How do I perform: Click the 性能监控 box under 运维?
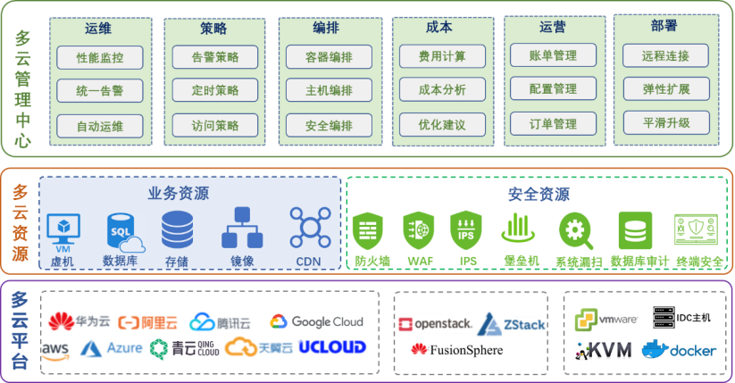[x=99, y=58]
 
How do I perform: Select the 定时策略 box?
[x=214, y=91]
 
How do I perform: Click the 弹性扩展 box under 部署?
[x=665, y=89]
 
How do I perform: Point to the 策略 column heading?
[x=214, y=29]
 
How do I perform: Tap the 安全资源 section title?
[x=539, y=193]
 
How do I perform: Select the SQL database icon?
[x=123, y=231]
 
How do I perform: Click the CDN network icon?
[x=308, y=229]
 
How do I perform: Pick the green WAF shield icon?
[x=418, y=230]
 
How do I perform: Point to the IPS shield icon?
[x=466, y=230]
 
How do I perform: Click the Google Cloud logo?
[x=316, y=321]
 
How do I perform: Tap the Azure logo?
[x=112, y=347]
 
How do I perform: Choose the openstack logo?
[x=433, y=323]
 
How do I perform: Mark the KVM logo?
[x=604, y=349]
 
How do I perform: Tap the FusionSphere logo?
[x=456, y=349]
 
